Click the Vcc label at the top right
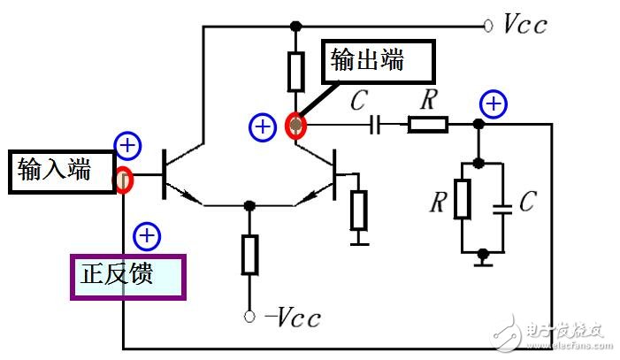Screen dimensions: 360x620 [x=524, y=24]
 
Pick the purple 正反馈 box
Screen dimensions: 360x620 [x=128, y=275]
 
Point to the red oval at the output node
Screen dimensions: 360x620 [x=296, y=126]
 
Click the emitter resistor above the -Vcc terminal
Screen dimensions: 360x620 [x=250, y=255]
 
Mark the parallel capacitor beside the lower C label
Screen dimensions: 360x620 [x=503, y=211]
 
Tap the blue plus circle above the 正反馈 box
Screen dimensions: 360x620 [x=146, y=236]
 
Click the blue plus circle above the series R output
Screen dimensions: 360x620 [x=493, y=105]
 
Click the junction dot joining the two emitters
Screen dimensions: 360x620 [x=250, y=205]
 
